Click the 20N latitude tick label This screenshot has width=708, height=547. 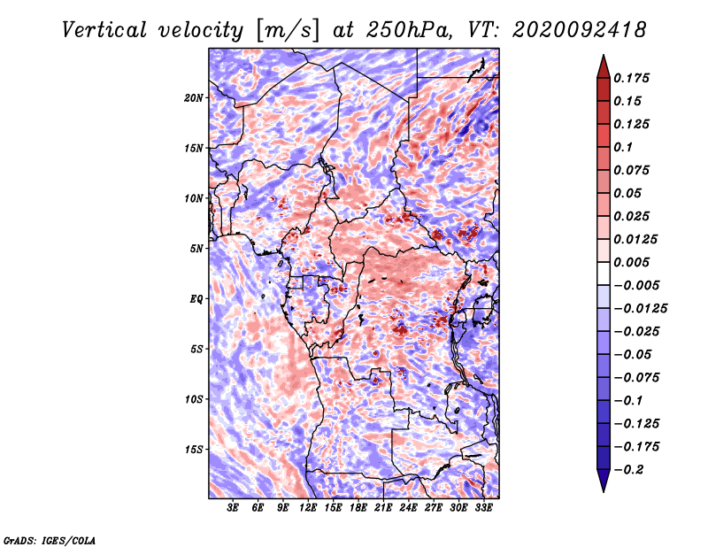click(194, 97)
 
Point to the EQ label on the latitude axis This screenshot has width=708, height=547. click(196, 298)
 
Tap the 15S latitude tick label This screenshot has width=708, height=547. click(194, 449)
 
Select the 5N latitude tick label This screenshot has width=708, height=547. click(196, 248)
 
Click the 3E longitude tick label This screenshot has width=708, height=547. click(233, 509)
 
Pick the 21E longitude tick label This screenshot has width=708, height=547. click(383, 509)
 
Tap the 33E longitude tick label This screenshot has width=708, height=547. click(483, 509)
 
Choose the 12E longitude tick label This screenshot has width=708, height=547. click(308, 509)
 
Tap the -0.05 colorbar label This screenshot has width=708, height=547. click(635, 354)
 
